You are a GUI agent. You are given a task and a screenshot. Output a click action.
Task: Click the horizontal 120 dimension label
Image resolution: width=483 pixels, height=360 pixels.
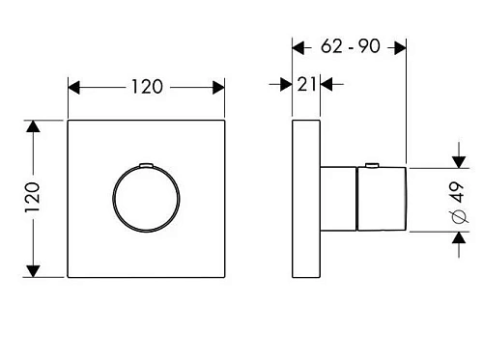click(x=147, y=87)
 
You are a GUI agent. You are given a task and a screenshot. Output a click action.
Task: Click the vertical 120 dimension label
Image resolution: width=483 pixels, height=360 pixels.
click(x=33, y=197)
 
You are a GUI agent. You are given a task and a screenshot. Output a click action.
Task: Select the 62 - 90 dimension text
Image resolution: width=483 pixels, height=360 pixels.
click(x=351, y=46)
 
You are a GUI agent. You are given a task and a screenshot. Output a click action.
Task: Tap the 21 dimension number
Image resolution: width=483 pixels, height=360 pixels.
click(x=306, y=85)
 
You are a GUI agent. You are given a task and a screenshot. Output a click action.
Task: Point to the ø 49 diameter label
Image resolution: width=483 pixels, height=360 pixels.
click(x=460, y=203)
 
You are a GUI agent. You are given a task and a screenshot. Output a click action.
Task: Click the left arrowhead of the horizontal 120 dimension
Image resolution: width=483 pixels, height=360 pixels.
click(x=73, y=88)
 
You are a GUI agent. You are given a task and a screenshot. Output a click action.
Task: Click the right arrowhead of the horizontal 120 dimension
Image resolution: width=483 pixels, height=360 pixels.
click(x=218, y=88)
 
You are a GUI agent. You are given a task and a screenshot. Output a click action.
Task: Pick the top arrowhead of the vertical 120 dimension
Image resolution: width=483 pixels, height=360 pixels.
click(x=33, y=126)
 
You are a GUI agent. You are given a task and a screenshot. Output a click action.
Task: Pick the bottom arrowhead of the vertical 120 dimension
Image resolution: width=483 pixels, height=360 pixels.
click(x=33, y=271)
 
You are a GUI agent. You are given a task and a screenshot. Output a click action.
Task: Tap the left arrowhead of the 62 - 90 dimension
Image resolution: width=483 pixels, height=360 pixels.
click(x=298, y=48)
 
